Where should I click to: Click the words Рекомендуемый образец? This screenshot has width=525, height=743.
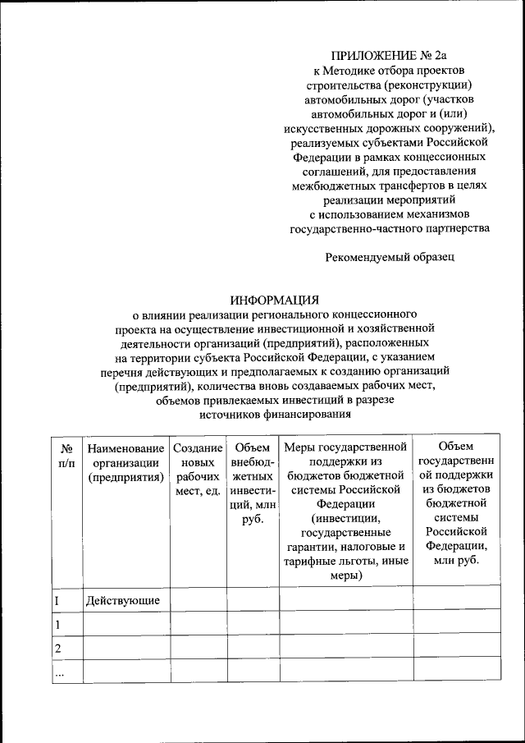[x=389, y=257]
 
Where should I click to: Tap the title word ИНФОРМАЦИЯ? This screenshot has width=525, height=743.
[x=275, y=300]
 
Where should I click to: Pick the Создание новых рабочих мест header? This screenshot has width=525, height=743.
[x=198, y=470]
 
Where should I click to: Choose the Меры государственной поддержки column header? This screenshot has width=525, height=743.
[x=345, y=511]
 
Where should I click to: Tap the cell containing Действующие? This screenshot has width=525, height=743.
[x=124, y=601]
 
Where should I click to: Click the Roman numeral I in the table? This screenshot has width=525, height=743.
[x=57, y=601]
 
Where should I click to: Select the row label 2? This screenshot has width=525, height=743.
[x=58, y=649]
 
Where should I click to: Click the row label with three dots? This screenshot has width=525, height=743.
[x=59, y=673]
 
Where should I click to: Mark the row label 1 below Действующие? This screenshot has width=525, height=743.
[x=57, y=625]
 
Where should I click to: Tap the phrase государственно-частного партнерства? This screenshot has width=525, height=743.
[x=390, y=227]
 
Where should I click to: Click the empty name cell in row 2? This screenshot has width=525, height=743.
[x=126, y=649]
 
